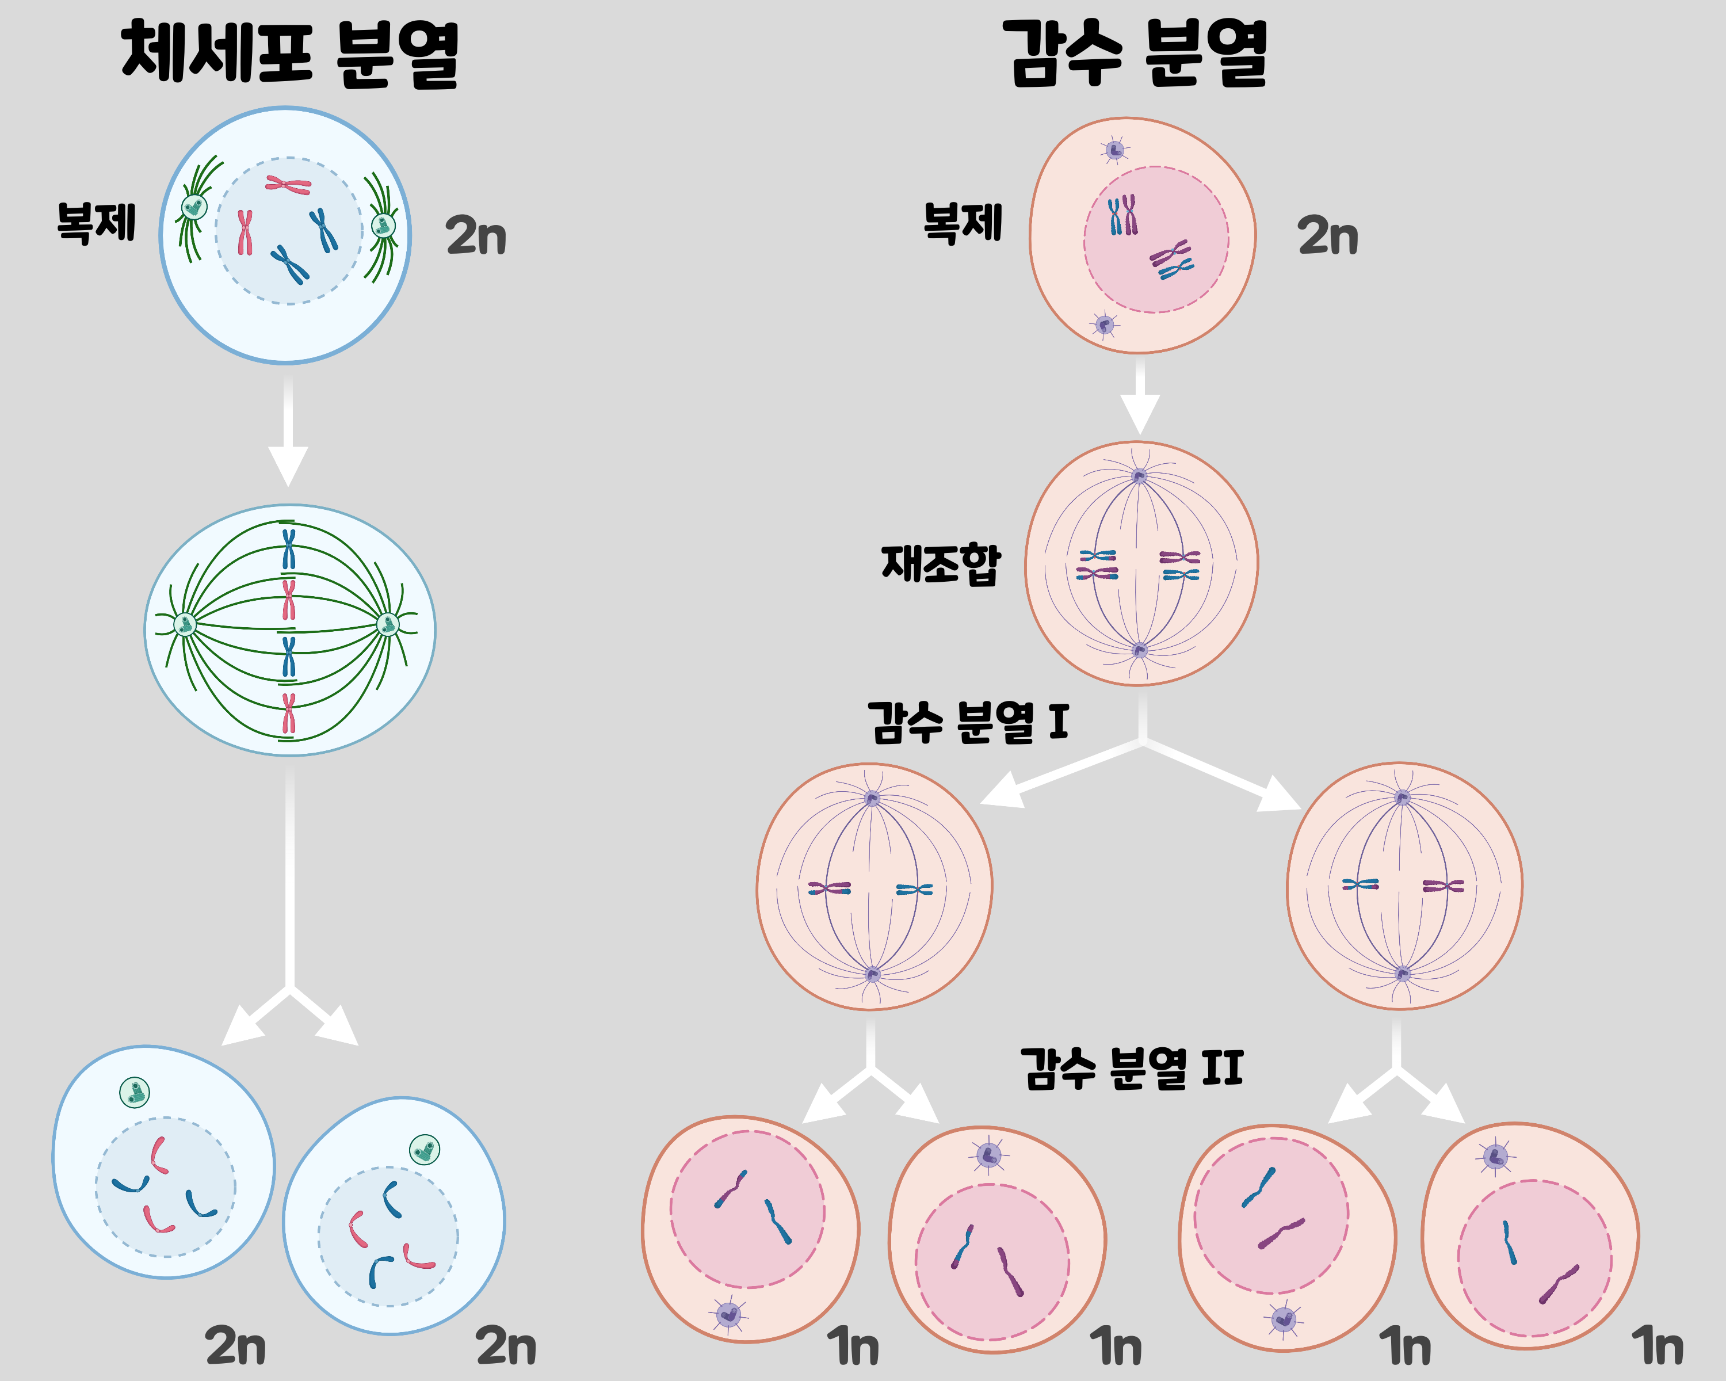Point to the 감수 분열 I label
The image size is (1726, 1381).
click(968, 722)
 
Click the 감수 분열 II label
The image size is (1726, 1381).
click(1131, 1068)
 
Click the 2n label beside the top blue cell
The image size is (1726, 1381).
click(476, 235)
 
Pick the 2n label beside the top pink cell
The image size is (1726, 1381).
click(1327, 235)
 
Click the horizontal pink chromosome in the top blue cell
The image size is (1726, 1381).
click(288, 185)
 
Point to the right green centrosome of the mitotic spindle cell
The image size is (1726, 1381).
click(387, 624)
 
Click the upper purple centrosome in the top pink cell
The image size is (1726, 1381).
click(1114, 150)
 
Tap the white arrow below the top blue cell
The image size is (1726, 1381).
click(288, 432)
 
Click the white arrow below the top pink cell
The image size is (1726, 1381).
click(1140, 396)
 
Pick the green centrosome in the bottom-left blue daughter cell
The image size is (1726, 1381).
click(135, 1092)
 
